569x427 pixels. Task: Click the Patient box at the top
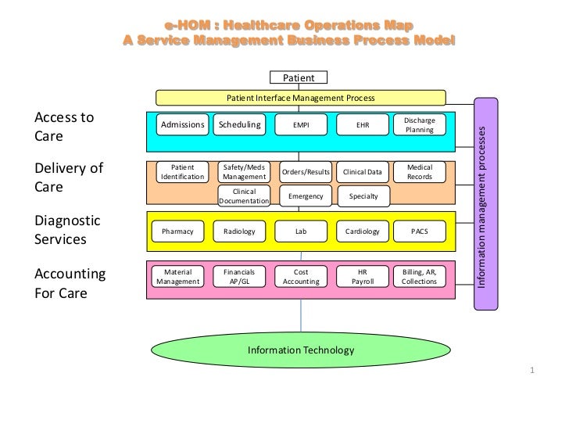point(299,77)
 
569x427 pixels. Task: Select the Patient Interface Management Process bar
point(300,98)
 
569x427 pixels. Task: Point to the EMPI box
point(301,124)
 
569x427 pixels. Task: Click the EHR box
point(363,124)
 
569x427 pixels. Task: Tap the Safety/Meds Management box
point(243,172)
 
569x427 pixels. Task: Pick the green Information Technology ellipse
point(300,350)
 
